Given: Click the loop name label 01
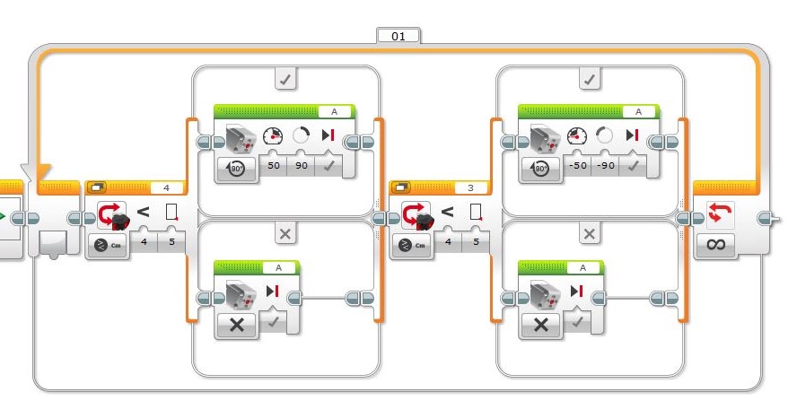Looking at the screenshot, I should [x=398, y=36].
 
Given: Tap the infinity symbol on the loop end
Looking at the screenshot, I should [x=715, y=244].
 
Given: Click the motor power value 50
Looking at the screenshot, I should [x=273, y=165].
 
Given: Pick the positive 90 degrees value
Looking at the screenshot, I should [x=302, y=165].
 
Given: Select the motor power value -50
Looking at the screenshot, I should [x=577, y=165].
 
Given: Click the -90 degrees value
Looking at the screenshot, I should [x=607, y=165].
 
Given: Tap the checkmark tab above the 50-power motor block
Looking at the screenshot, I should [x=285, y=80].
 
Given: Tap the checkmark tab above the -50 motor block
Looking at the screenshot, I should [x=589, y=80].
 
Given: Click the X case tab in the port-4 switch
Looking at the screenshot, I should [x=285, y=234].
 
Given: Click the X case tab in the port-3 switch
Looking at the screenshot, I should [x=589, y=234].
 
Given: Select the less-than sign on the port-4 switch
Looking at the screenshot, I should [x=143, y=213].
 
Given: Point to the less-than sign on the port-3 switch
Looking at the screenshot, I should [x=447, y=213].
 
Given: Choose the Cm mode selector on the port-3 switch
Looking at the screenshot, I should [x=412, y=244].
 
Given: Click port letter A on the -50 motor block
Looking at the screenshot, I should [x=638, y=112].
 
